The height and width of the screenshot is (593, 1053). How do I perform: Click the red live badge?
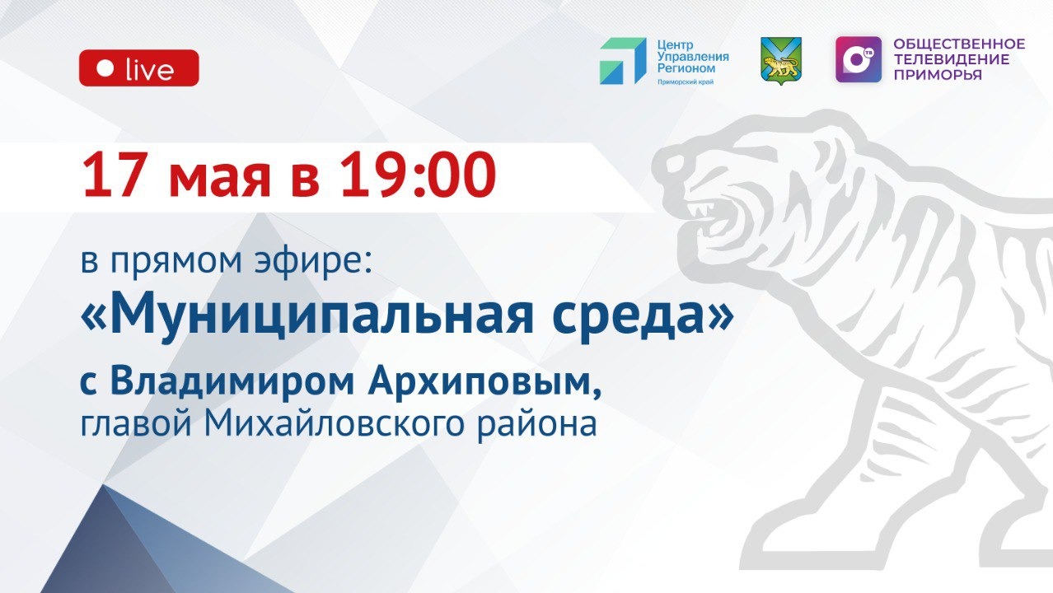point(138,68)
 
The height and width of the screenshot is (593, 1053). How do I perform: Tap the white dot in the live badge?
point(105,68)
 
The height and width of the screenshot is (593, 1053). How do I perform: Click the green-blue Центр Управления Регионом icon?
point(622,61)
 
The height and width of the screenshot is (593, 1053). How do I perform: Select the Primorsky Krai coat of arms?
point(780,60)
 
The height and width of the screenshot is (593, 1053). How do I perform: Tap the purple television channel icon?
point(858,59)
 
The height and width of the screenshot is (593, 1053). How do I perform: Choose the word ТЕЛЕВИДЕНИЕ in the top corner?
point(951,59)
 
